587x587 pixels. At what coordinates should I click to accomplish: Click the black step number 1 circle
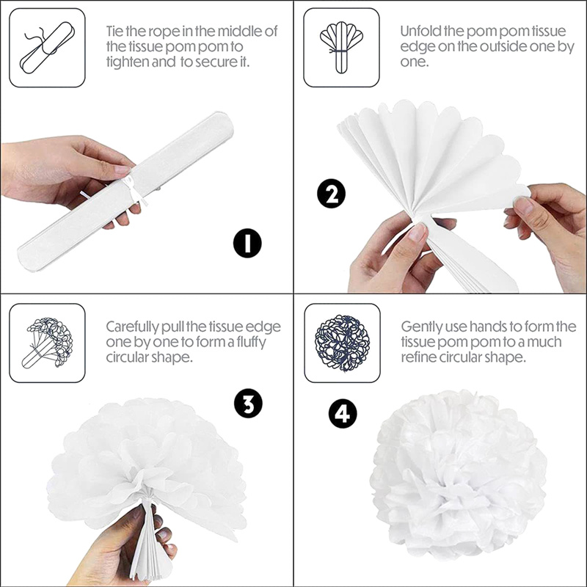247,243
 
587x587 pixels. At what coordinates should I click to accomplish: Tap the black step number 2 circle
332,194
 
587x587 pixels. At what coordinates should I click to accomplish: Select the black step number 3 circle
248,404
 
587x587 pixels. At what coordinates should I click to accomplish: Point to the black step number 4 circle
343,413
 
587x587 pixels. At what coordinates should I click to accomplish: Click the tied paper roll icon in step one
47,48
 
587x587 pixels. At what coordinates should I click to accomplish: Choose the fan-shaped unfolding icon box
341,48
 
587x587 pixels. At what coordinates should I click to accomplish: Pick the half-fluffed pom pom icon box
47,343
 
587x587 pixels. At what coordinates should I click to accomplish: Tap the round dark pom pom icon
342,343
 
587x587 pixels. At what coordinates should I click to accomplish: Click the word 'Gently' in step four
422,327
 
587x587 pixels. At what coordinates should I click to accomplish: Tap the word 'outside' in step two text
503,46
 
